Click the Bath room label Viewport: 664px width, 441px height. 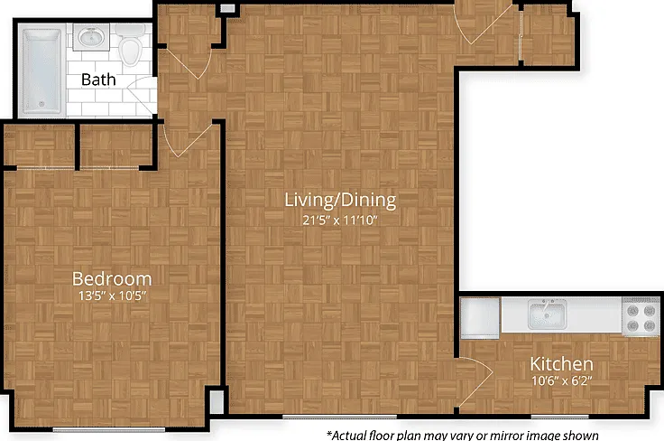[98, 80]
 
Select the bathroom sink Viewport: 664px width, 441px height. [90, 37]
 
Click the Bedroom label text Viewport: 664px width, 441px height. [112, 278]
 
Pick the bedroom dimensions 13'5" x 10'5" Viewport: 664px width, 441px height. [112, 296]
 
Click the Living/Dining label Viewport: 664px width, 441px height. [340, 200]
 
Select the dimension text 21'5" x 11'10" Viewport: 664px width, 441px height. [339, 220]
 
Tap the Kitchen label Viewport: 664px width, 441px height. [561, 364]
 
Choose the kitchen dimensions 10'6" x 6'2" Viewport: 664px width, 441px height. [561, 380]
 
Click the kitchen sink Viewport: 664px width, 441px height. [547, 314]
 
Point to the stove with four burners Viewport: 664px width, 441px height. [641, 317]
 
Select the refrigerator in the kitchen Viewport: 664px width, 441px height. [480, 317]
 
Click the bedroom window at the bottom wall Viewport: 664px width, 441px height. [109, 429]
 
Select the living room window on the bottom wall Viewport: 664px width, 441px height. [339, 417]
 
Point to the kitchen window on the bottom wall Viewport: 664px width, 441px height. [560, 417]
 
